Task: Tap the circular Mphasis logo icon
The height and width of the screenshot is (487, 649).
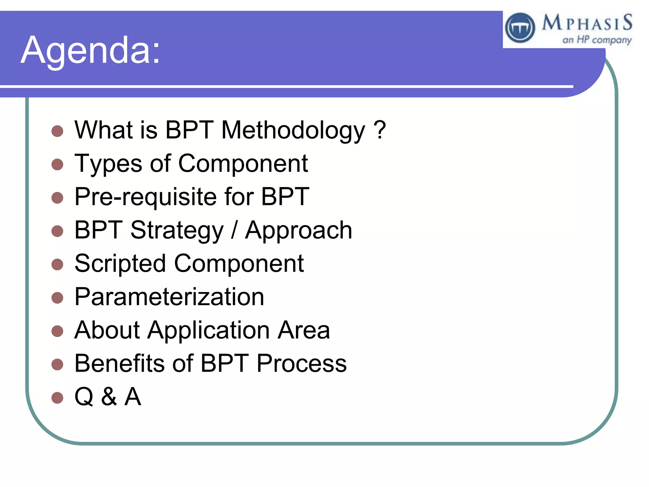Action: coord(520,28)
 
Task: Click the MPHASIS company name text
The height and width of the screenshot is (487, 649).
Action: coord(587,23)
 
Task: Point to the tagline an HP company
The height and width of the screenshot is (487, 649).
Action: coord(597,40)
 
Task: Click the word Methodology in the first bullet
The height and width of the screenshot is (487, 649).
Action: coord(293,131)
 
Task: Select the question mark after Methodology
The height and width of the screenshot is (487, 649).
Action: coord(380,130)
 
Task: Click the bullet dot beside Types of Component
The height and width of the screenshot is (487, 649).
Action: coord(57,164)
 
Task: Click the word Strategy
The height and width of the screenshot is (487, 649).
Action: coord(177,231)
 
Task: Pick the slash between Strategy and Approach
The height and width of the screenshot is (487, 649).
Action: coord(234,231)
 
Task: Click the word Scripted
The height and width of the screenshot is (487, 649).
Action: coord(120,264)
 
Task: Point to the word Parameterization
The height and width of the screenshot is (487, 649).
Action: coord(169,297)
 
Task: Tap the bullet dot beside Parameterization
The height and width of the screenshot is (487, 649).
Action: coord(57,298)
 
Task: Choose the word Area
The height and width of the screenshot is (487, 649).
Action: coord(304,330)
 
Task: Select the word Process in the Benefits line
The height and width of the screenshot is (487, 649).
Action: coord(301,363)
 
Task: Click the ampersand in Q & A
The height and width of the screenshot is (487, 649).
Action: coord(109,397)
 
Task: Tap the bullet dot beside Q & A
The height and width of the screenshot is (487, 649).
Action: coord(57,398)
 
